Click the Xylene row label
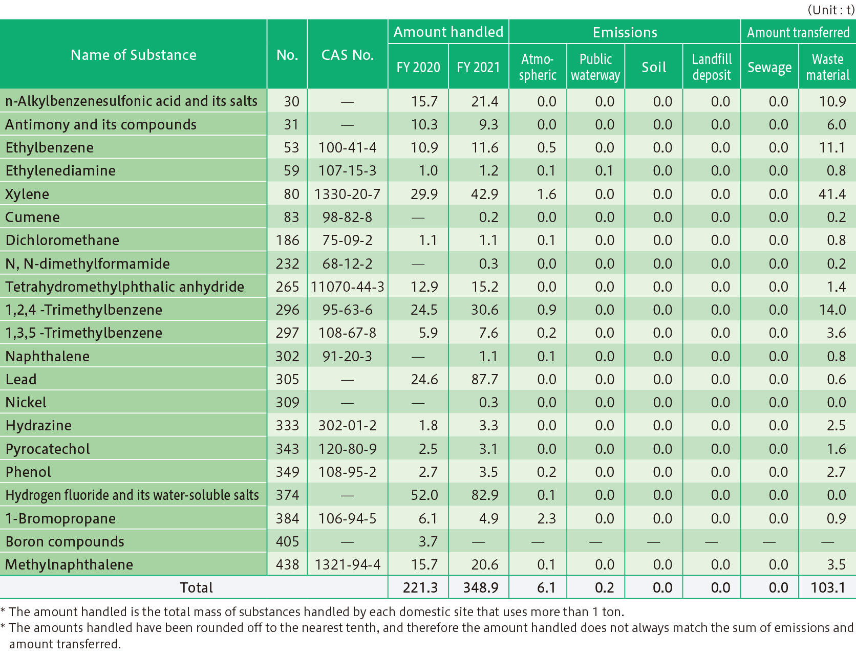tap(28, 194)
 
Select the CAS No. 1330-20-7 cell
tap(347, 194)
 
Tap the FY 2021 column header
tap(478, 67)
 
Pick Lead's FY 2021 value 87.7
tap(484, 380)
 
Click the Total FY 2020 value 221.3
tap(420, 587)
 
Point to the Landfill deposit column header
tap(712, 67)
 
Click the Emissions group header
tap(625, 32)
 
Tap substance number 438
tap(287, 564)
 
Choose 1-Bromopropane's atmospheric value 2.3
tap(546, 518)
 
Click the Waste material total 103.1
tap(828, 587)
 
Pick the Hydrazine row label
tap(38, 426)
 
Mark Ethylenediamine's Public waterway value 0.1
tap(604, 171)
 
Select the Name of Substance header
tap(133, 55)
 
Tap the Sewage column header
tap(769, 67)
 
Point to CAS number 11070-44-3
tap(347, 287)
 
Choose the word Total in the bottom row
tap(196, 587)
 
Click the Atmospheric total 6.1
tap(546, 587)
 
